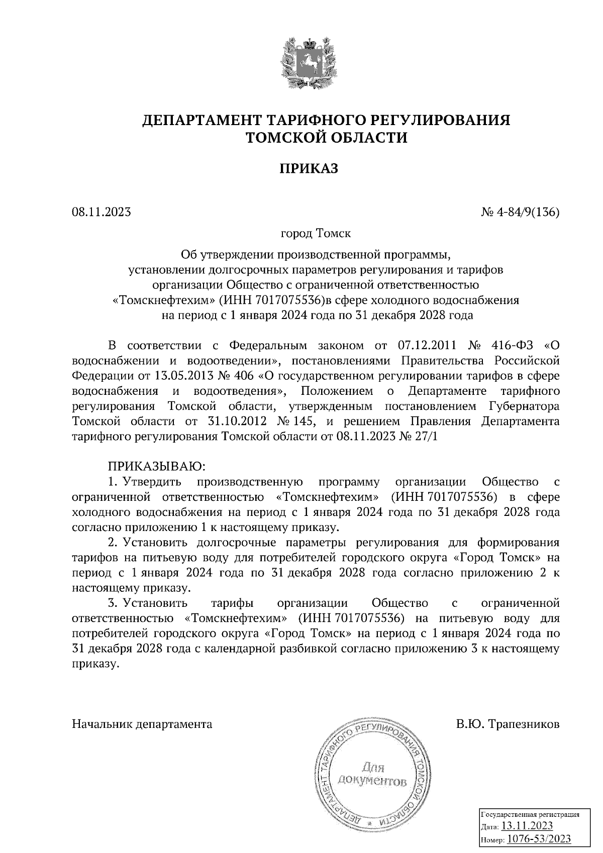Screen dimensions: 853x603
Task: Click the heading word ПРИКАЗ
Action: tap(309, 168)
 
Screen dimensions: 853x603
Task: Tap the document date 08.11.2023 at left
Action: tap(101, 212)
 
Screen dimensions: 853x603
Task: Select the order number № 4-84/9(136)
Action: tap(520, 212)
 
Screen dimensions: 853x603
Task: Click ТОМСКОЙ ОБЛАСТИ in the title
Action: tap(326, 137)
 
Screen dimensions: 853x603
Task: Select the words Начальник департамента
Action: tap(142, 724)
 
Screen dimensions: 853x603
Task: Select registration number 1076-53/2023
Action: tap(539, 838)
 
